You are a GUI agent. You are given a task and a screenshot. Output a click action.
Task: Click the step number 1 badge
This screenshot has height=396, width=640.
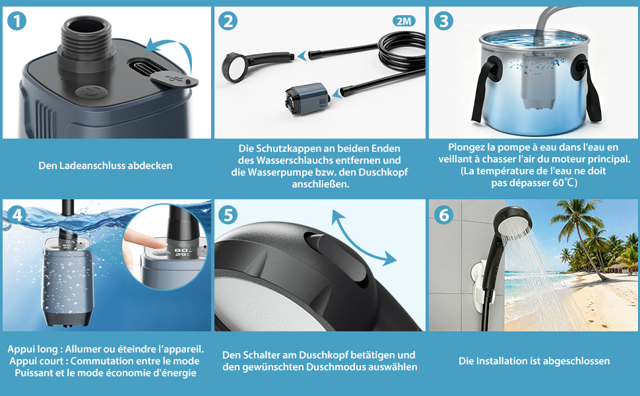(16, 21)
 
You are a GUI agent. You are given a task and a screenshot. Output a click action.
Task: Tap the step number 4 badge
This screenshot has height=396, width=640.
(16, 214)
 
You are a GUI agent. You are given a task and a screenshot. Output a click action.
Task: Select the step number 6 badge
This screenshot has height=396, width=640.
(443, 214)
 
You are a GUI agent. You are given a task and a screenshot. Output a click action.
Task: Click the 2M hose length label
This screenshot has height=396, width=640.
(404, 21)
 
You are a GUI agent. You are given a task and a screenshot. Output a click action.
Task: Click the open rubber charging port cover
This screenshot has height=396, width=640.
(174, 79)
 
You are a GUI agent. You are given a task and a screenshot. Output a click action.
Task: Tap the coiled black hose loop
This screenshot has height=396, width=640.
(402, 51)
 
